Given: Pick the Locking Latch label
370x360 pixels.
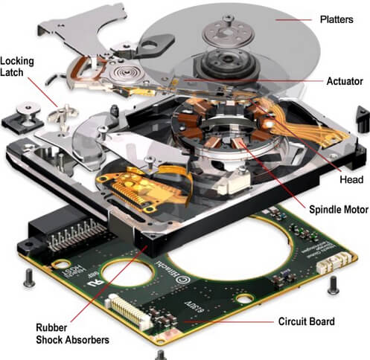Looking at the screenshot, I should (x=19, y=67).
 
